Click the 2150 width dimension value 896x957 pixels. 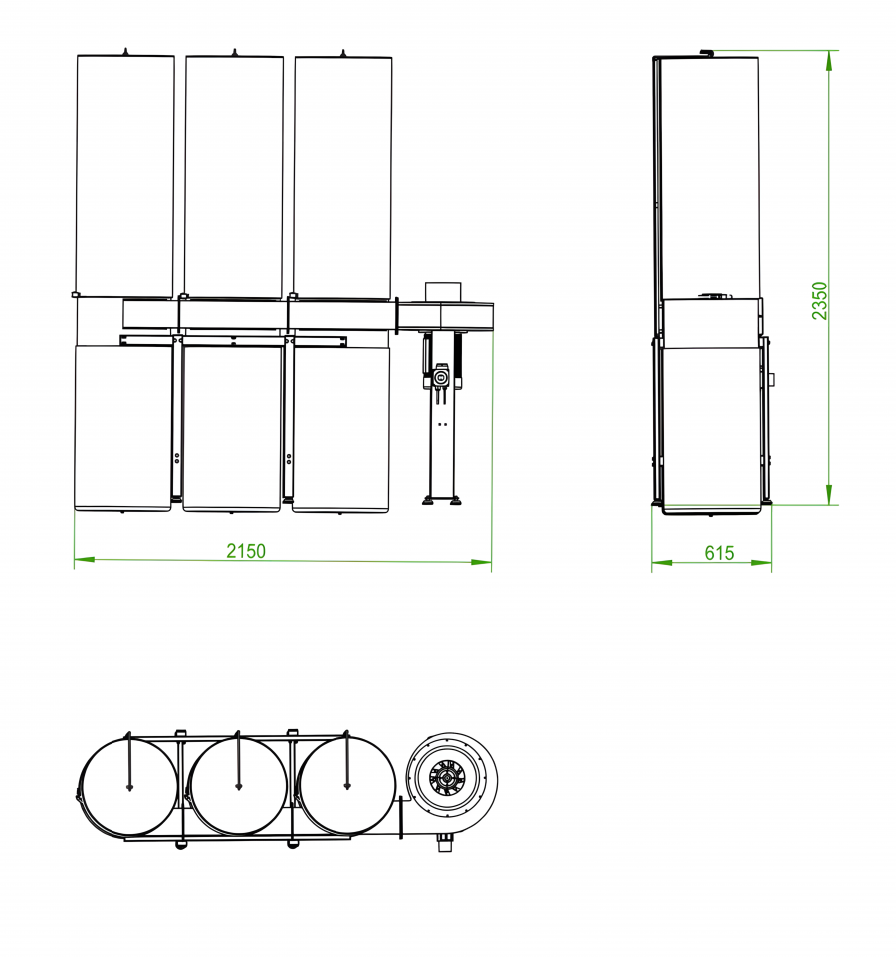click(x=246, y=551)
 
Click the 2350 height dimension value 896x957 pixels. click(x=819, y=300)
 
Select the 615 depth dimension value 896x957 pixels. click(x=719, y=553)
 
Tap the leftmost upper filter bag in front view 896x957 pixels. click(x=125, y=174)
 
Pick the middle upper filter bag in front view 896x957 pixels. click(x=234, y=174)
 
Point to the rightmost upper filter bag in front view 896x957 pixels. click(x=342, y=174)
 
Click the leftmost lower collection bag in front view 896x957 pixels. click(x=122, y=428)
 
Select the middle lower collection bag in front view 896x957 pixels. click(x=231, y=428)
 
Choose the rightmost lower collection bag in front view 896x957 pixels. click(x=340, y=428)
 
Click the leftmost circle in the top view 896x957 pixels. click(x=129, y=786)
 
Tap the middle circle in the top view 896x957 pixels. click(x=238, y=786)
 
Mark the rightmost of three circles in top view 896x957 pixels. click(x=346, y=786)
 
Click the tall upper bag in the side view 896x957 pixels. click(x=709, y=174)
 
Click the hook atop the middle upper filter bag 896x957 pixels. click(x=234, y=52)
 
